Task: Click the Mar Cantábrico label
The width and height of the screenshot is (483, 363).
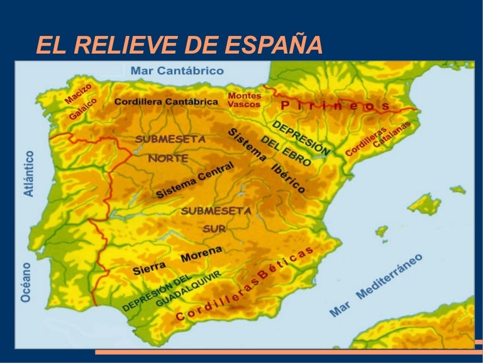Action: pos(177,71)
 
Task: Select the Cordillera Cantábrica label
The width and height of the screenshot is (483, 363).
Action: pos(167,101)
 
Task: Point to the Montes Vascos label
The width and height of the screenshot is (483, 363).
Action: pos(244,100)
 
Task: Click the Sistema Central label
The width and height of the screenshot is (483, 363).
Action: pos(194,180)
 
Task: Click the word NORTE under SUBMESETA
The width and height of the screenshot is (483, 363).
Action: pos(168,158)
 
